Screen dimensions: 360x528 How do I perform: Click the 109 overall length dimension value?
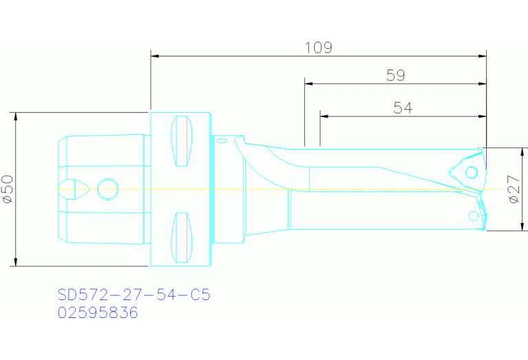tap(318, 47)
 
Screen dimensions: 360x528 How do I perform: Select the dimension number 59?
tap(395, 76)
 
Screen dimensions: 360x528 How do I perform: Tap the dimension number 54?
tap(403, 107)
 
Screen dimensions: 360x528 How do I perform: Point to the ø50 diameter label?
tap(7, 189)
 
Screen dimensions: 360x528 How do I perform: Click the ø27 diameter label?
tap(513, 189)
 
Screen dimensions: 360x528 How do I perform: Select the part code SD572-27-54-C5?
tap(134, 295)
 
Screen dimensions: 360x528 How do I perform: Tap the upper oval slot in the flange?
tap(180, 142)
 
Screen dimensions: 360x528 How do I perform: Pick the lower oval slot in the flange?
tap(180, 237)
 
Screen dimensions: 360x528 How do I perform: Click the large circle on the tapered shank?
tap(108, 188)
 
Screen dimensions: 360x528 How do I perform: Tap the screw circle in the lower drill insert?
tap(473, 215)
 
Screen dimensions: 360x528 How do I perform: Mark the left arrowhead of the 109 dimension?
tap(155, 55)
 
